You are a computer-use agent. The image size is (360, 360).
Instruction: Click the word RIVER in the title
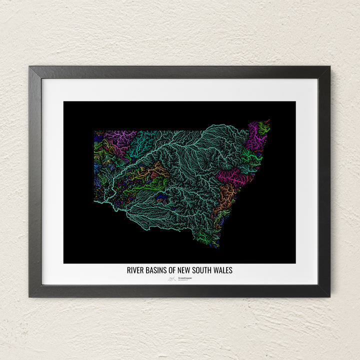[x=135, y=270]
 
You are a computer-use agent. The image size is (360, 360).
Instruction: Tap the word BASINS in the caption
[x=157, y=270]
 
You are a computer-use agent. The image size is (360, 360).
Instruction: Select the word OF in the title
[x=173, y=270]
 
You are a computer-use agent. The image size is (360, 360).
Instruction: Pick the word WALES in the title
[x=223, y=270]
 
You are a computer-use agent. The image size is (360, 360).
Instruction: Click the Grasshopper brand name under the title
[x=185, y=278]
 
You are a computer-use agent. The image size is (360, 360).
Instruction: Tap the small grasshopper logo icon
[x=171, y=279]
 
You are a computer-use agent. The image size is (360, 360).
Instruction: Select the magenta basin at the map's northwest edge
[x=120, y=136]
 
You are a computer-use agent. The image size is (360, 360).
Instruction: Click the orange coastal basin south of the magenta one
[x=227, y=192]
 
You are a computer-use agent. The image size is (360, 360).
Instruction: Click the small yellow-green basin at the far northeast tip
[x=264, y=126]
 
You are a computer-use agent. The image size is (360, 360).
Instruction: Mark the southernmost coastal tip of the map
[x=214, y=246]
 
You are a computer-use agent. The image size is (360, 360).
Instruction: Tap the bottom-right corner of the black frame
[x=329, y=296]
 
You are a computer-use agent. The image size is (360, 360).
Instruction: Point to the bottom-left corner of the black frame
[x=30, y=296]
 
